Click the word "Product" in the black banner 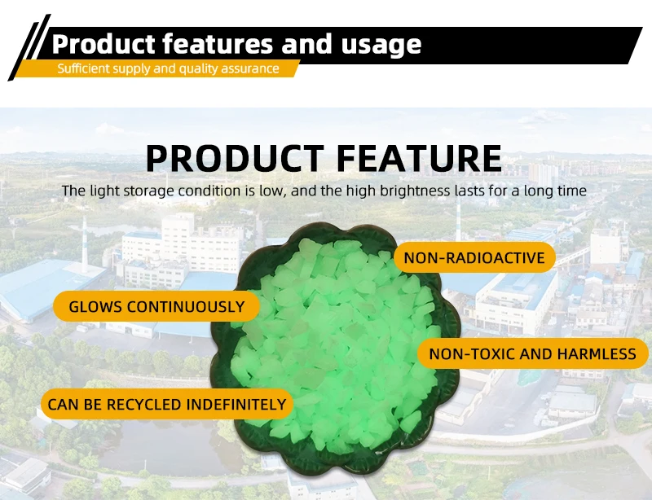(104, 44)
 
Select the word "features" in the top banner (218, 44)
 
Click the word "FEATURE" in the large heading (419, 158)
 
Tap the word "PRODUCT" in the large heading (235, 158)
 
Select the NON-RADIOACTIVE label (474, 257)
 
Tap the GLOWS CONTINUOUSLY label (156, 306)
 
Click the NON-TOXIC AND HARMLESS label (533, 353)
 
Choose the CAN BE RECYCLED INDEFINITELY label (167, 404)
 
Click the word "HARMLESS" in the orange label (597, 354)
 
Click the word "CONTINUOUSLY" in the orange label (186, 307)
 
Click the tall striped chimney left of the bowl (85, 244)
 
